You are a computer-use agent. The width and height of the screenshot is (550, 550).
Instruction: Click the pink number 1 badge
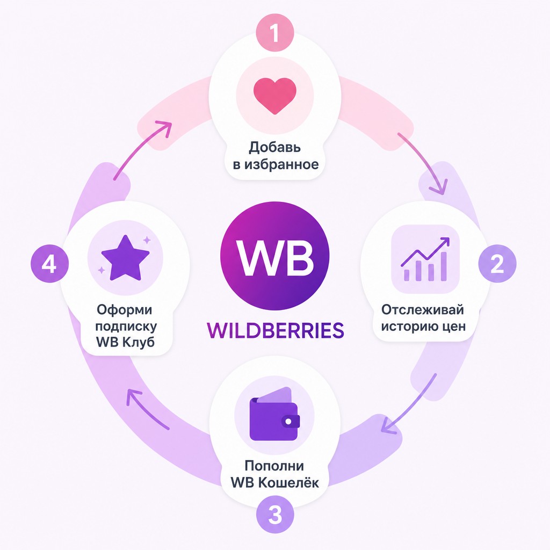(x=274, y=32)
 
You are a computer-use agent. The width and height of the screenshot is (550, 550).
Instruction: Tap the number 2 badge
(x=497, y=263)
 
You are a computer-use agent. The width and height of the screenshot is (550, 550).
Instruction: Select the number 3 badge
(x=275, y=515)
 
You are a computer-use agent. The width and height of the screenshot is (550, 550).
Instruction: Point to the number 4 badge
(x=50, y=264)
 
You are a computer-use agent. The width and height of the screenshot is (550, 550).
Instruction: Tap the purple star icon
(x=125, y=258)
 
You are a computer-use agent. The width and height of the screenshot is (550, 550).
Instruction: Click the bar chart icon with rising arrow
(x=425, y=259)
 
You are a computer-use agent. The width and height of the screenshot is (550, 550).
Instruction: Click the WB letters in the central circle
(x=275, y=258)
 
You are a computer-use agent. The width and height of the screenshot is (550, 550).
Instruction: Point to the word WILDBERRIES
(x=276, y=330)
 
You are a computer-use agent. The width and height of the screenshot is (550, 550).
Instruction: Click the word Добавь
(x=275, y=147)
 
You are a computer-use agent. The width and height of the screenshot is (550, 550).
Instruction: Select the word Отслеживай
(x=423, y=310)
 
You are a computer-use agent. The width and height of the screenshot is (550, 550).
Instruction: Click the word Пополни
(x=274, y=466)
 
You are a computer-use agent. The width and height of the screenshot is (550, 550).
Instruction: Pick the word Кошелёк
(x=288, y=483)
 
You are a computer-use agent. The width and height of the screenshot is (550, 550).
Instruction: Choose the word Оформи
(x=125, y=310)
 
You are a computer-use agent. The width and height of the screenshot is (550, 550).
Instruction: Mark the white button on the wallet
(x=288, y=421)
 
